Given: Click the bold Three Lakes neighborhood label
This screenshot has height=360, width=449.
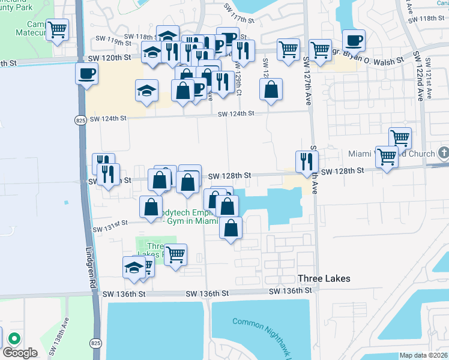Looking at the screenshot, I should point(324,279).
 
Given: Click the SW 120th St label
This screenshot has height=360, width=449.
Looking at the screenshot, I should point(109,58).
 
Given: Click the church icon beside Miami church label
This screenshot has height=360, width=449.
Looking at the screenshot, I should point(444,153).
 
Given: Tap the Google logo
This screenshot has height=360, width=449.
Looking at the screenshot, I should point(20,353).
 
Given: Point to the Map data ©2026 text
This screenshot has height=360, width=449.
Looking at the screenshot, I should point(423,355).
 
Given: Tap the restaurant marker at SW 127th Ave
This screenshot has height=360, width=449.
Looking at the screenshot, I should point(307,160).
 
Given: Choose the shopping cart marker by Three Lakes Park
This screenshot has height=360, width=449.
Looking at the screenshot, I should point(175,254).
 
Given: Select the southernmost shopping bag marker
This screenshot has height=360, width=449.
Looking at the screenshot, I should point(231,228).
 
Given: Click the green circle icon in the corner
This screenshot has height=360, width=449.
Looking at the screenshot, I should point(13,338).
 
